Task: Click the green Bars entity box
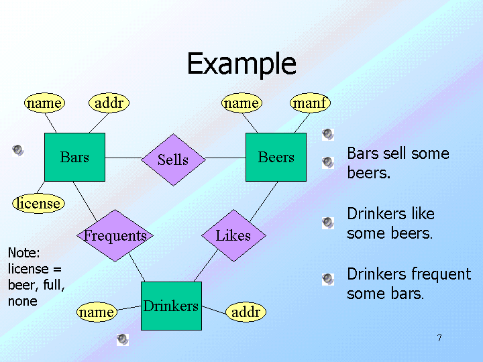coord(74,158)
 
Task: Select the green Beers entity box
coord(276,158)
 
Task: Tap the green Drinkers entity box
coord(171,306)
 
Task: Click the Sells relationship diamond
coord(173,160)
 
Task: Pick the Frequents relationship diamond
coord(115,235)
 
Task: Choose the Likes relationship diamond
coord(233,235)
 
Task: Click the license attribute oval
coord(39,203)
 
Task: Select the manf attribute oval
coord(309,103)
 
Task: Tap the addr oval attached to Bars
coord(108,103)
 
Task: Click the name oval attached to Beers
coord(241,103)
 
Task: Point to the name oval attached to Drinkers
coord(96,312)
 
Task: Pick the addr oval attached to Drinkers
coord(246,312)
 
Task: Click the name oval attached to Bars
coord(44,103)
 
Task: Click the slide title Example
coord(241,64)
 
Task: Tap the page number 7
coord(439,338)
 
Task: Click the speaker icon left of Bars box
coord(19,149)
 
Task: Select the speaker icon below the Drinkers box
coord(122,339)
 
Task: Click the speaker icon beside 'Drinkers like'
coord(327,222)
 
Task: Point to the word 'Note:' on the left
coord(23,253)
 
